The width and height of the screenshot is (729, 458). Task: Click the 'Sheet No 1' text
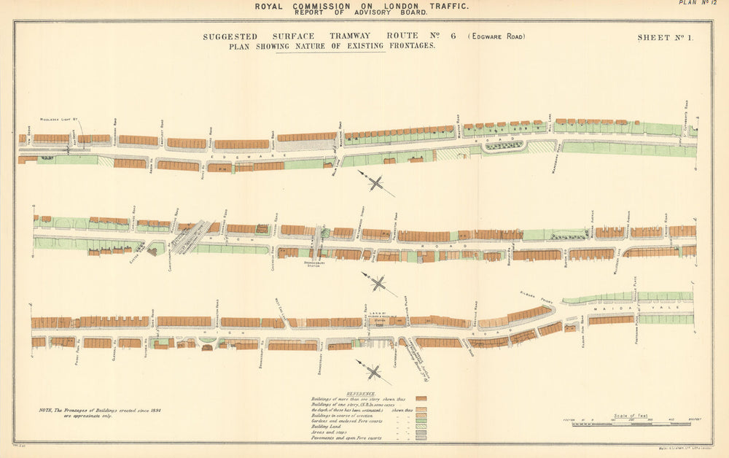click(665, 37)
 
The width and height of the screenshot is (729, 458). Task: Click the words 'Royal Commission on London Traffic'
click(362, 6)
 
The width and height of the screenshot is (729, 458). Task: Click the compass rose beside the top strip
click(377, 182)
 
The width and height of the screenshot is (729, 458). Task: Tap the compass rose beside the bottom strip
click(374, 373)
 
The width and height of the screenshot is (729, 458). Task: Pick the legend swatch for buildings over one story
click(421, 399)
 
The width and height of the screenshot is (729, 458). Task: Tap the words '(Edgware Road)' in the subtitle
click(496, 36)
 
